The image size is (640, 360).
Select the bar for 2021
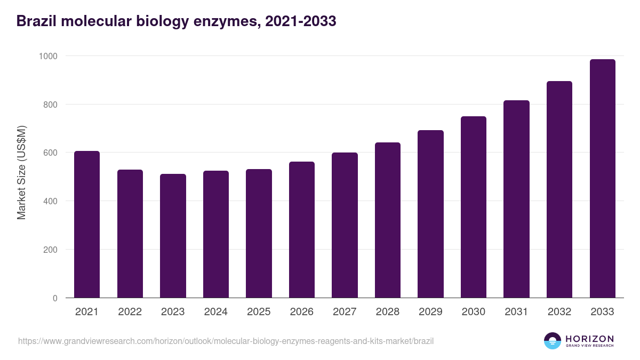(87, 225)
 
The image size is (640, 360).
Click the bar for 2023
(173, 236)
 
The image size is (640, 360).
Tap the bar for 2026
(302, 230)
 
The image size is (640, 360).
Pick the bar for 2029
(430, 214)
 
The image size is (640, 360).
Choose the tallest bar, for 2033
(602, 179)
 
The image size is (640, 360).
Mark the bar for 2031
(516, 199)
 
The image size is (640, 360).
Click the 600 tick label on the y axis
(52, 153)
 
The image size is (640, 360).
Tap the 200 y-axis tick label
(52, 250)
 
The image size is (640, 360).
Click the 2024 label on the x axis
(215, 312)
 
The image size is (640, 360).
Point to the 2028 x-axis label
(388, 312)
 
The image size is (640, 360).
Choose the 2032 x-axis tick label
(559, 312)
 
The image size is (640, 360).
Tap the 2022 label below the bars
(130, 312)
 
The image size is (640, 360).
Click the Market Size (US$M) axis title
(21, 172)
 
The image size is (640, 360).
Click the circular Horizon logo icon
(552, 341)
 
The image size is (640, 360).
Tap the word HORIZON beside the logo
(589, 339)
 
